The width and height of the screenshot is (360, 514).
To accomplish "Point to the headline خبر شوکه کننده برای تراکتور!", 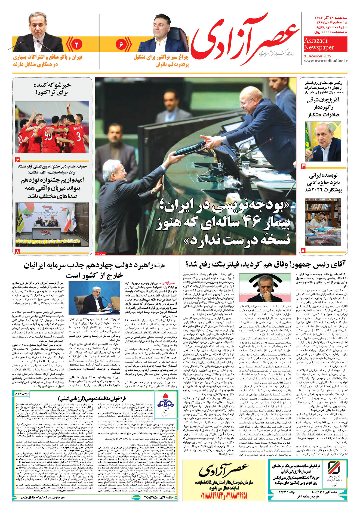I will click(52, 88).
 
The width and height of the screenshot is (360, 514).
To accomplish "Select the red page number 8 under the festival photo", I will click(18, 252).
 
